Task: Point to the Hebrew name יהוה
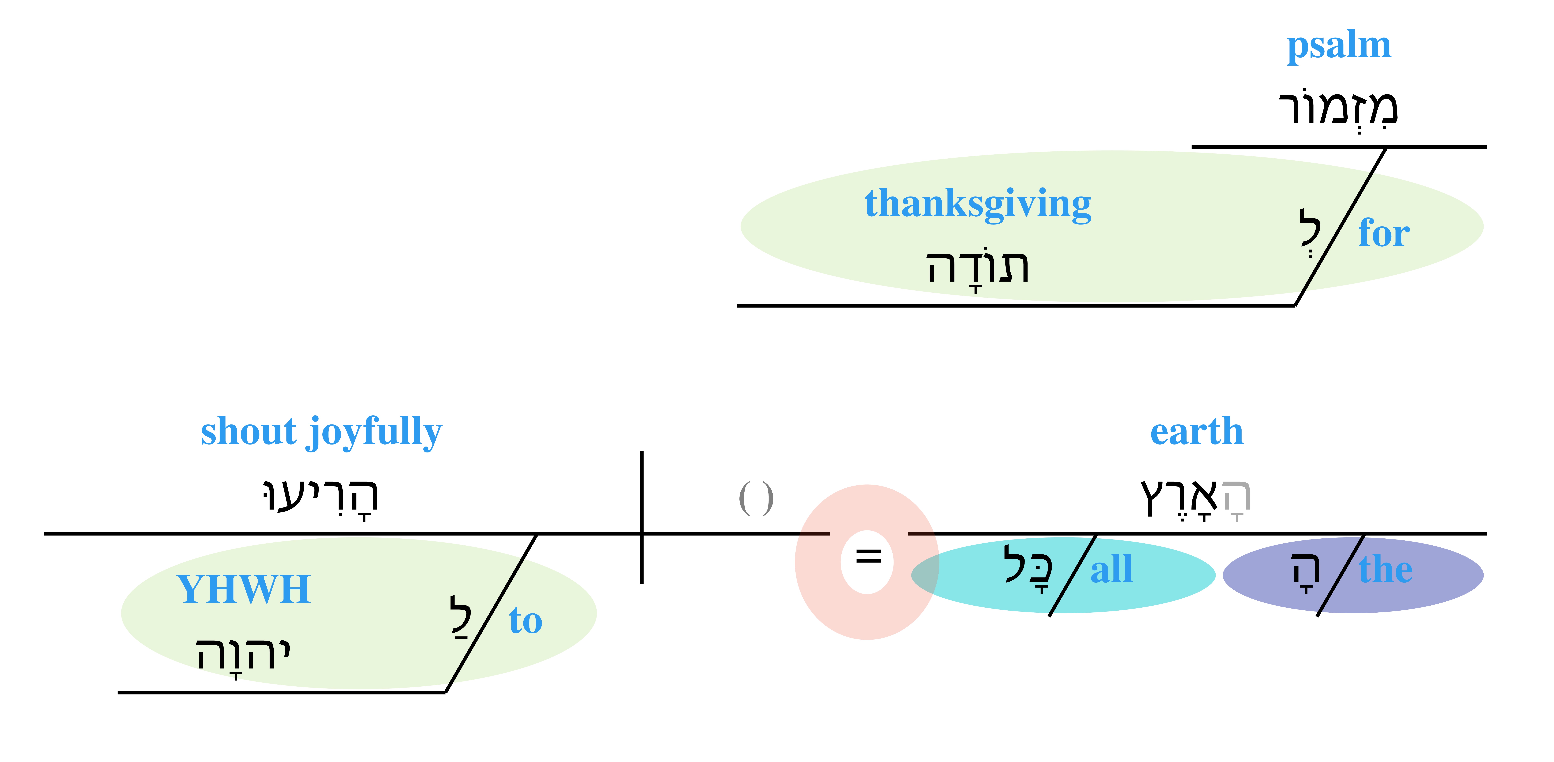(x=243, y=655)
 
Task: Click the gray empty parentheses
(x=756, y=498)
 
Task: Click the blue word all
(x=1111, y=570)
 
